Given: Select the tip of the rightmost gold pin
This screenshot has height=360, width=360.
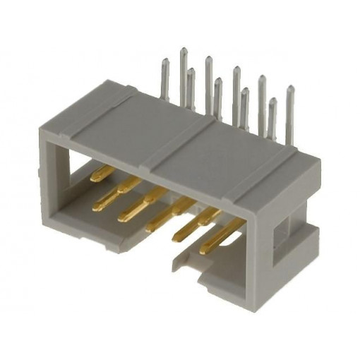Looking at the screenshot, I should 202,250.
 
